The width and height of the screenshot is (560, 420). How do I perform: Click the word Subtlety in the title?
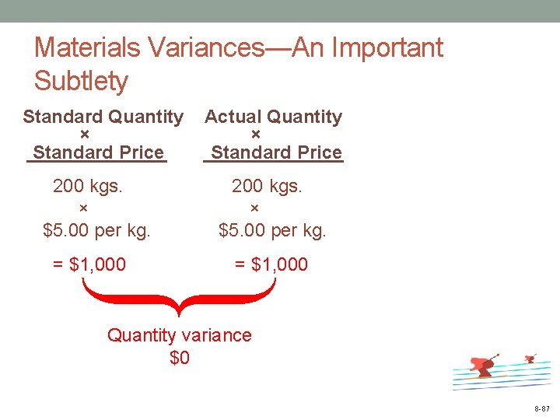click(x=82, y=81)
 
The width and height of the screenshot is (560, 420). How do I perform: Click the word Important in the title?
click(x=387, y=47)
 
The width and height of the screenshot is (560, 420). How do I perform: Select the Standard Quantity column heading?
click(x=103, y=117)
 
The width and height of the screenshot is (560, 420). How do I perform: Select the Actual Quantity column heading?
click(x=273, y=117)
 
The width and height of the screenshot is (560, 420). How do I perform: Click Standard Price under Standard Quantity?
click(x=98, y=152)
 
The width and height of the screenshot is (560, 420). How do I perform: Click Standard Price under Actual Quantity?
click(x=276, y=152)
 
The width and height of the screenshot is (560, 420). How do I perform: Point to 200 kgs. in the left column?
click(x=88, y=186)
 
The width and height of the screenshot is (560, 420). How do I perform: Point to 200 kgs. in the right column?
click(x=267, y=186)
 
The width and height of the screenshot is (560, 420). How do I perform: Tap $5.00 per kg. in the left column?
click(x=96, y=230)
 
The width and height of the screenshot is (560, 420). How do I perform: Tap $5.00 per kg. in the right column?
click(x=272, y=230)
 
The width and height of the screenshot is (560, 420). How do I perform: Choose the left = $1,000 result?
click(x=89, y=264)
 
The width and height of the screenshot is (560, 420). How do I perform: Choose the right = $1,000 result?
click(x=271, y=264)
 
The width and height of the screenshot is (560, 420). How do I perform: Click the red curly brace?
click(x=179, y=299)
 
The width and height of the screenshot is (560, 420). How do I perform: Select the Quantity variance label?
click(x=180, y=335)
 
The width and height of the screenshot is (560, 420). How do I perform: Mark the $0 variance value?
click(x=180, y=358)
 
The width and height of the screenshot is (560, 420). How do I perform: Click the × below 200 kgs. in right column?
click(x=254, y=208)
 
